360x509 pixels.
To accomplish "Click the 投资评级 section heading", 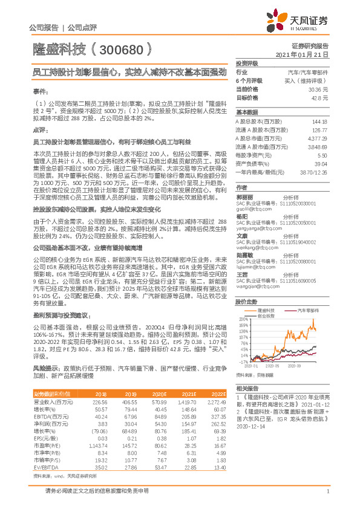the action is (247, 63).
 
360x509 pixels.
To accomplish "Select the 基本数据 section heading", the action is (247, 112).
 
